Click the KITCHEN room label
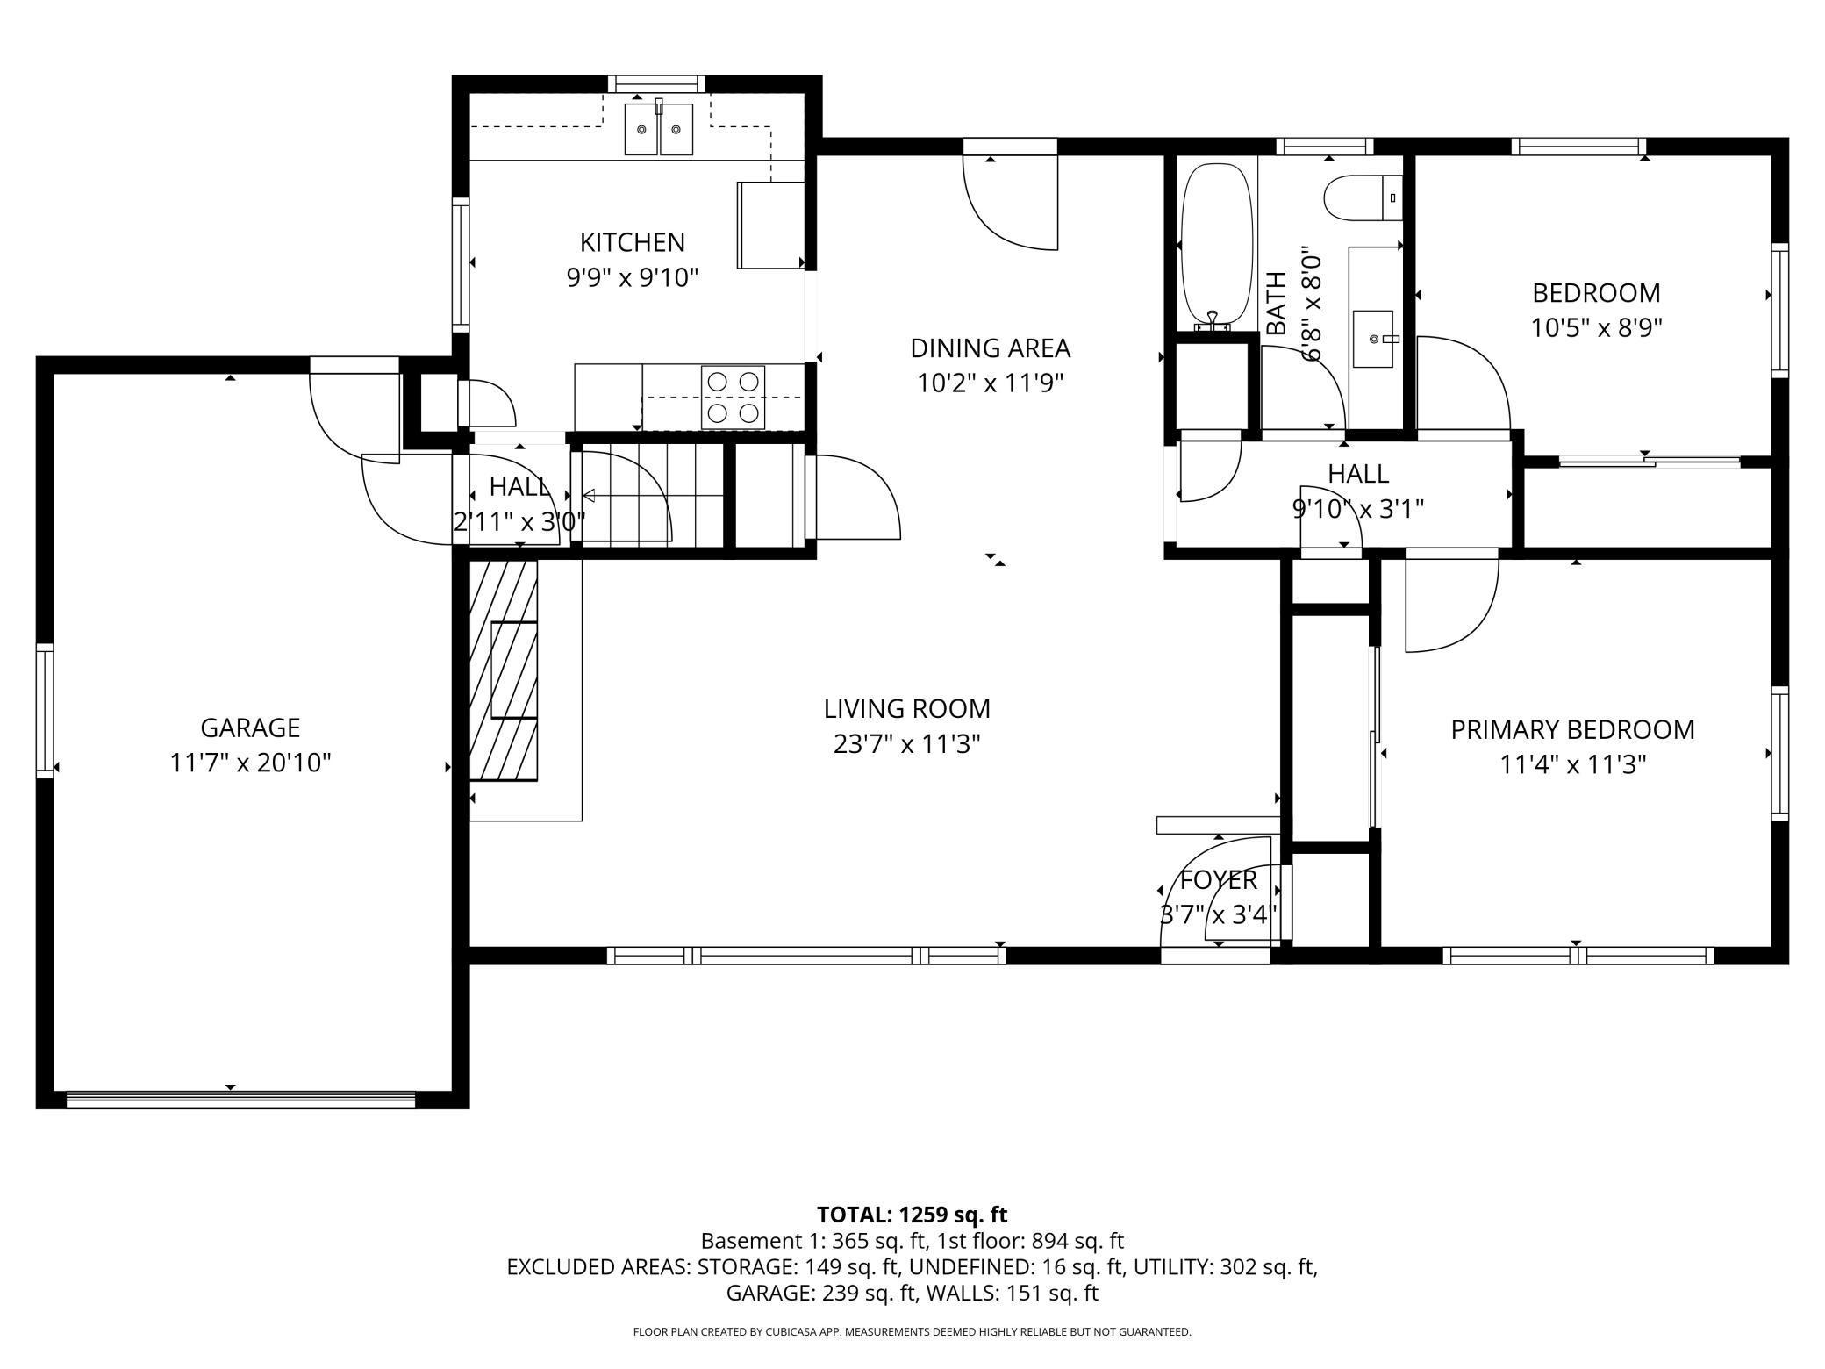(632, 242)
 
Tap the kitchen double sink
(659, 129)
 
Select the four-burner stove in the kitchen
(733, 397)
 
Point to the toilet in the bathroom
(1363, 198)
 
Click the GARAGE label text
(250, 728)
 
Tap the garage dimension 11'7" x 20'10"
(250, 763)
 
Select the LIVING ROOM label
(906, 708)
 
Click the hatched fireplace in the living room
(504, 670)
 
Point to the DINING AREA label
(990, 348)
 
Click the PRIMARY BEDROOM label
(1572, 729)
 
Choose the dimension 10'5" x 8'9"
(1597, 328)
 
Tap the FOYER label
(1218, 879)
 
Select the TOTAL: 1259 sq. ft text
(912, 1215)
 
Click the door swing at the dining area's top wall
(1010, 202)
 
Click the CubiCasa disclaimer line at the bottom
(912, 1332)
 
